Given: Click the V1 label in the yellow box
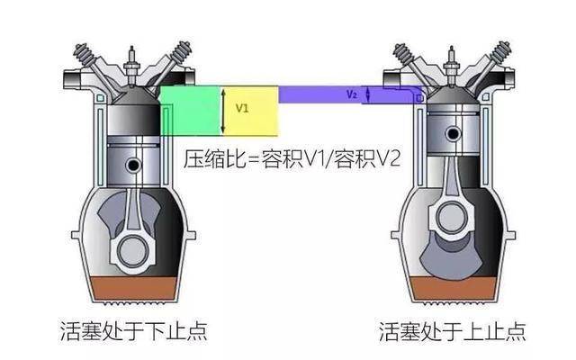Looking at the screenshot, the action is click(x=242, y=108).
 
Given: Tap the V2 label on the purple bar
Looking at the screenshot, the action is click(x=352, y=94).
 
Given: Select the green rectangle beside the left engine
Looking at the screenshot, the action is click(x=191, y=111).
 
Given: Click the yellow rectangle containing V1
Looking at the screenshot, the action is click(x=250, y=111).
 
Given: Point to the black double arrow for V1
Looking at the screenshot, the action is click(x=223, y=111).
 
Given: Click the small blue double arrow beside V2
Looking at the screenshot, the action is click(x=368, y=94).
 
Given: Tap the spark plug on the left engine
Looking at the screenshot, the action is click(x=131, y=66).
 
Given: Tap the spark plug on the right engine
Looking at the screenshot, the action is click(x=451, y=66).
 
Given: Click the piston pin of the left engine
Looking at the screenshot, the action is click(x=133, y=165).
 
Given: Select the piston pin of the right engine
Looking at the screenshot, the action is click(x=454, y=133).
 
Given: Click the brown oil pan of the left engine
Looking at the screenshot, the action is click(x=133, y=288).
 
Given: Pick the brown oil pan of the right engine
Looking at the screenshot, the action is click(x=453, y=288).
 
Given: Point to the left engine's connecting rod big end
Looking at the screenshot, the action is click(x=132, y=250).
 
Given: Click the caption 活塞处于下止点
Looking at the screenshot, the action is click(x=133, y=331).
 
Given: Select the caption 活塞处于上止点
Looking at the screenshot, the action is click(x=453, y=331).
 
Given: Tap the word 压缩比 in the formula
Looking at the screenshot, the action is click(x=214, y=158).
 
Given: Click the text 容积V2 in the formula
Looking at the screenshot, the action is click(x=367, y=158).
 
